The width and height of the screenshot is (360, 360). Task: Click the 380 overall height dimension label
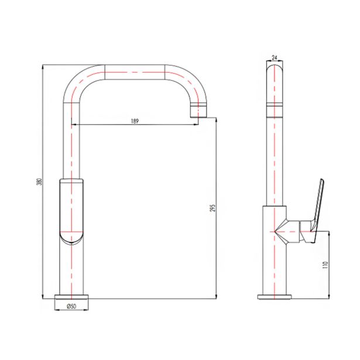(39, 181)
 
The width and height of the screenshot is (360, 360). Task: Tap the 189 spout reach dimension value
(135, 121)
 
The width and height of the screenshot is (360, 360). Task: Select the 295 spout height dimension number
(213, 208)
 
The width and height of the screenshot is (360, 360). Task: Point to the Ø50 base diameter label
(71, 306)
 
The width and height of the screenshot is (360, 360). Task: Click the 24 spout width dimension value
(275, 57)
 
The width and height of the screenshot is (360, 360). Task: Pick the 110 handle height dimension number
(325, 265)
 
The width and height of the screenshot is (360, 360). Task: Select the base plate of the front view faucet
(71, 297)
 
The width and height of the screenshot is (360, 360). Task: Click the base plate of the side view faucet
(275, 297)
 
